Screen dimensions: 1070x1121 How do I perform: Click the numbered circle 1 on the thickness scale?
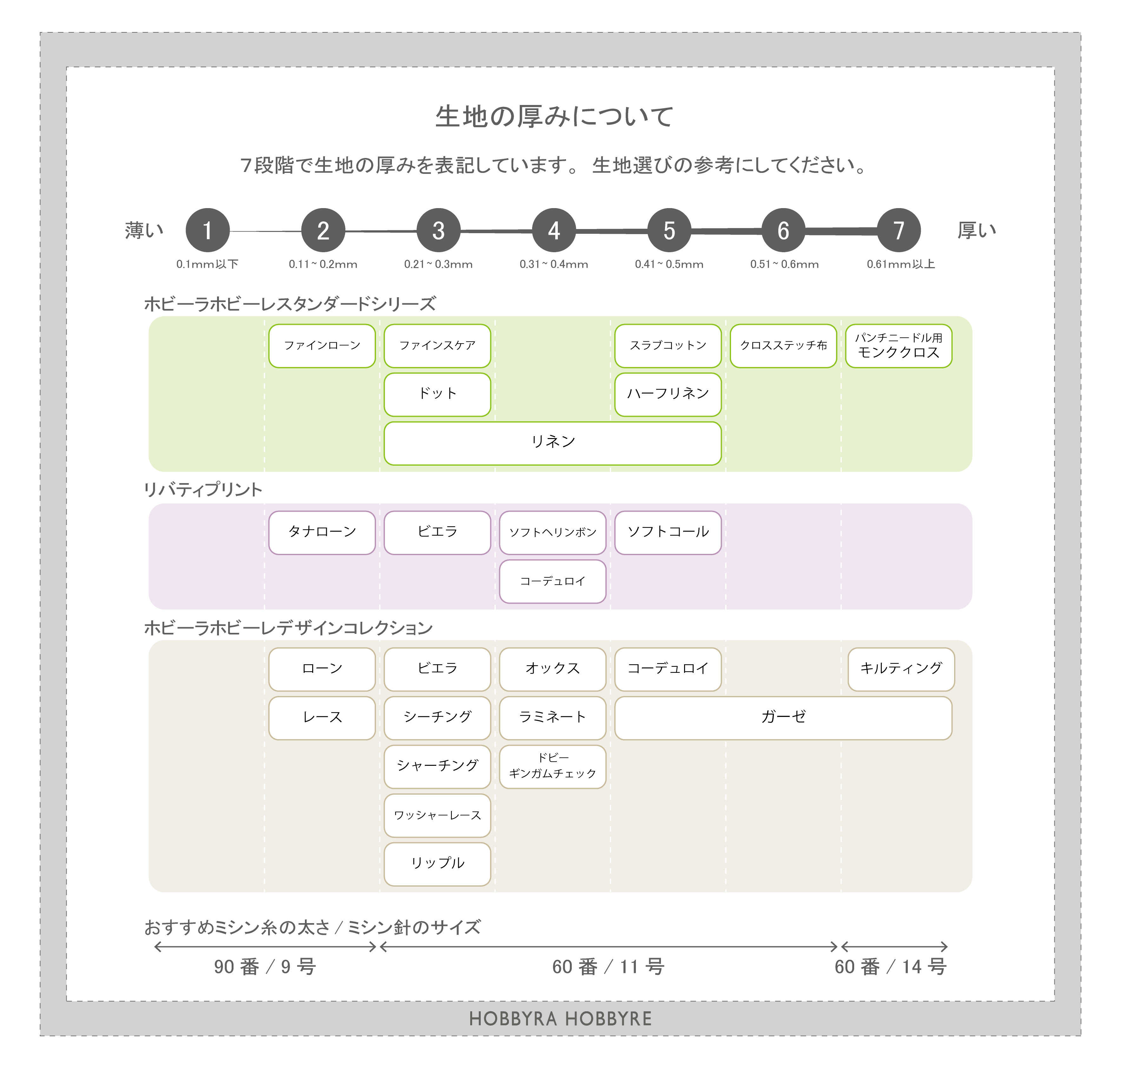pyautogui.click(x=208, y=230)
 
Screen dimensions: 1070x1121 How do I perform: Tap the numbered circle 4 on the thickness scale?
pyautogui.click(x=553, y=230)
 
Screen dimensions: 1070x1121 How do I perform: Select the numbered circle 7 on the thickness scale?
pyautogui.click(x=899, y=230)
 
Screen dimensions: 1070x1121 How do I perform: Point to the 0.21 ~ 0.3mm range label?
pyautogui.click(x=438, y=264)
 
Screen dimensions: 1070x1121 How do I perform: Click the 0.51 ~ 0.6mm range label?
pyautogui.click(x=784, y=264)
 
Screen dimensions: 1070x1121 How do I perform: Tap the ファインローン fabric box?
pyautogui.click(x=322, y=346)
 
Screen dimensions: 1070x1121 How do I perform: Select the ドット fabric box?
pyautogui.click(x=437, y=394)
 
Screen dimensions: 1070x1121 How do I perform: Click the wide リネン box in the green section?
pyautogui.click(x=552, y=443)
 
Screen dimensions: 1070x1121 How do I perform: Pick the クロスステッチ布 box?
pyautogui.click(x=783, y=346)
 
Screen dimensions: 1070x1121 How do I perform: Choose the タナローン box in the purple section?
pyautogui.click(x=322, y=532)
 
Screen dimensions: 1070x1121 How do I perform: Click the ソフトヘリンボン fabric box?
pyautogui.click(x=552, y=532)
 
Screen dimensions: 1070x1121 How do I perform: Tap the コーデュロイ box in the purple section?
pyautogui.click(x=552, y=581)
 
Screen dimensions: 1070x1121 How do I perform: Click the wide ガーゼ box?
pyautogui.click(x=783, y=718)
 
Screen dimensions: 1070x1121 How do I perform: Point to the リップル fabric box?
pyautogui.click(x=437, y=863)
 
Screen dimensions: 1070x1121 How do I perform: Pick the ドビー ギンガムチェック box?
pyautogui.click(x=552, y=766)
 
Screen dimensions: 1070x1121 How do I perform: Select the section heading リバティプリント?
pyautogui.click(x=203, y=489)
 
